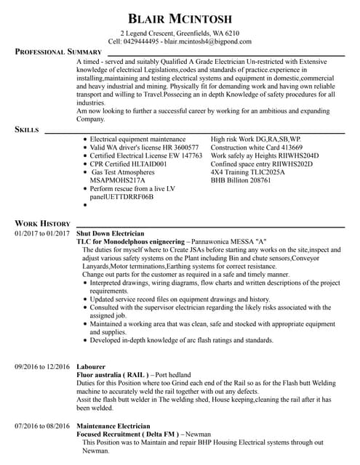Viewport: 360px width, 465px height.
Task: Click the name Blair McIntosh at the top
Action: point(179,17)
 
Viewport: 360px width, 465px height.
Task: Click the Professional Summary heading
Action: point(59,52)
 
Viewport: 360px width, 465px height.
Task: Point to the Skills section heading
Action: point(28,129)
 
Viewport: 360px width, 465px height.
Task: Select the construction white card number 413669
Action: point(287,147)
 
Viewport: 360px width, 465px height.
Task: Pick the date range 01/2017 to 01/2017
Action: point(42,233)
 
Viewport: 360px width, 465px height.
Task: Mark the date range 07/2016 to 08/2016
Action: point(42,426)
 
